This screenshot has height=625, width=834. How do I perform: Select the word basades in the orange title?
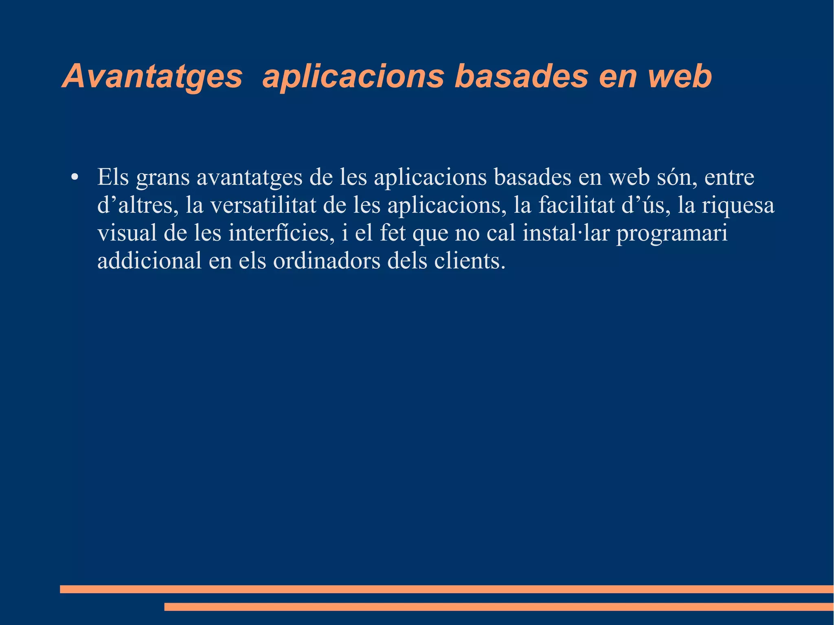[x=521, y=77]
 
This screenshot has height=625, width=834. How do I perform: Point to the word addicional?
[x=149, y=261]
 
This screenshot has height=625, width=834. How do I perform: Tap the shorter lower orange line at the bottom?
[x=499, y=607]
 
